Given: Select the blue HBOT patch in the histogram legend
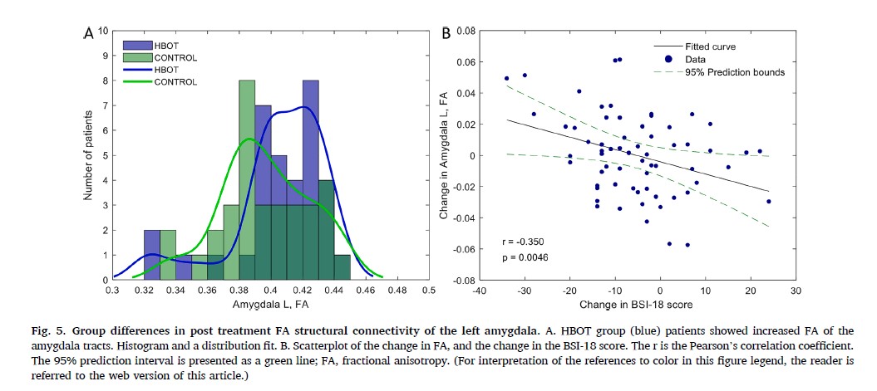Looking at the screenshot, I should coord(138,45).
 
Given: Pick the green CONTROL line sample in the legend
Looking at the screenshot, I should coord(138,82).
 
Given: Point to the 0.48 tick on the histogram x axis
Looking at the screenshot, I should coord(397,291).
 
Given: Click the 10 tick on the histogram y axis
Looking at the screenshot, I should coord(104,31).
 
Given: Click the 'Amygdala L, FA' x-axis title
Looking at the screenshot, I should coord(270,305).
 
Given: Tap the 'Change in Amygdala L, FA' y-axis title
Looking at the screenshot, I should coord(446,156).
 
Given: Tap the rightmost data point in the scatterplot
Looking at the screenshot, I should coord(769,201).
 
